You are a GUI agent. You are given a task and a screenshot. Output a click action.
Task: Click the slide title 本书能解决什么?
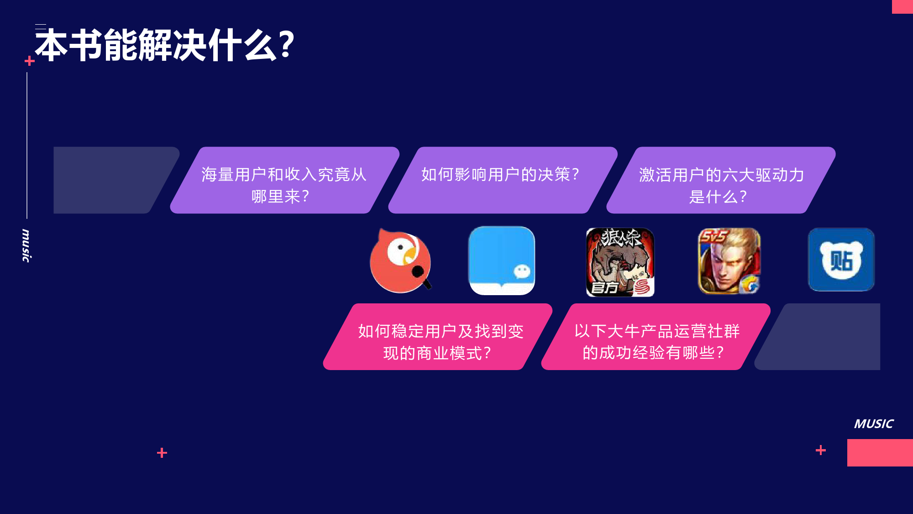point(165,45)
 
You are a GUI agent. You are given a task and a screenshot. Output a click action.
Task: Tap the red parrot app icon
point(401,260)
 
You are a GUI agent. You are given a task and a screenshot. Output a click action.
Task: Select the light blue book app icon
point(502,261)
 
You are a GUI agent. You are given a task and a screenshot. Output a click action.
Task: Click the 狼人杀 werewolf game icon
point(620,262)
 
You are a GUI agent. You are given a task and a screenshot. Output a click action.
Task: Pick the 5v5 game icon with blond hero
point(729,261)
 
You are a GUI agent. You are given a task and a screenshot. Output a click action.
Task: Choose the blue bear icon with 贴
point(841,260)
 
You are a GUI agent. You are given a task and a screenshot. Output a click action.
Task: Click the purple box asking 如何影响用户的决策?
point(503,180)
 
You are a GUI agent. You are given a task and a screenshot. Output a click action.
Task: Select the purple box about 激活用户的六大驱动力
point(721,180)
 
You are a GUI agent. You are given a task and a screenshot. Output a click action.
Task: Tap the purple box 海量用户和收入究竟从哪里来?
point(284,180)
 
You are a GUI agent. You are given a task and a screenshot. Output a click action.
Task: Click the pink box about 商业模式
point(438,337)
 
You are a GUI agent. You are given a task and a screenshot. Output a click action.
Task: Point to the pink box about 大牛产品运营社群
point(656,337)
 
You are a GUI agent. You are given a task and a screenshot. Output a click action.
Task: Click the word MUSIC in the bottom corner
point(874,424)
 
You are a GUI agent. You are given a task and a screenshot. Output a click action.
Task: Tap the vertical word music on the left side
point(26,246)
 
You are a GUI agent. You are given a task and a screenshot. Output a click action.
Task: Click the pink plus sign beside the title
point(30,61)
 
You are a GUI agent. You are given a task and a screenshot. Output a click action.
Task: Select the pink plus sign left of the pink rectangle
point(821,450)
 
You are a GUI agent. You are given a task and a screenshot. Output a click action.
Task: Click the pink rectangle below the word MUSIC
point(880,453)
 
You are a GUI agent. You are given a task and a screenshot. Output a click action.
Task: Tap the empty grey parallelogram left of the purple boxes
point(116,180)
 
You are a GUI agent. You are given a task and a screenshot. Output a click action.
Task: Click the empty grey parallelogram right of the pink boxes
point(817,337)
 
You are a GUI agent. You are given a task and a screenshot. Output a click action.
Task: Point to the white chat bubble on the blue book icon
point(522,271)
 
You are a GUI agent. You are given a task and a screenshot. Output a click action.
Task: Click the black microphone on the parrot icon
point(421,276)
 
